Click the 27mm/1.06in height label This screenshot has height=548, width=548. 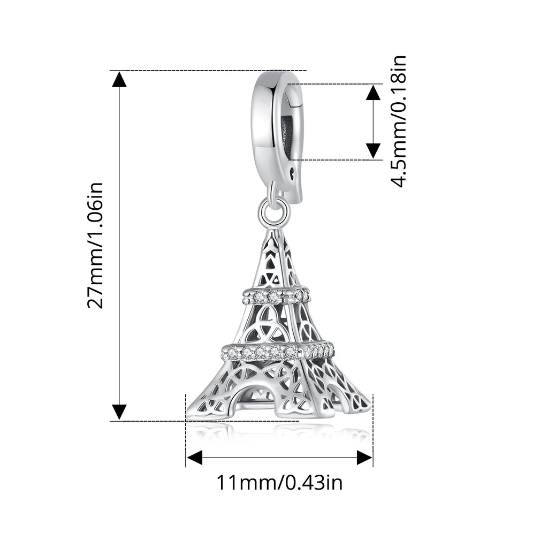click(95, 245)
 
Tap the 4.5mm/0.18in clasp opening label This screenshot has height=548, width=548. click(398, 121)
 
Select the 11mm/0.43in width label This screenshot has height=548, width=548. click(279, 483)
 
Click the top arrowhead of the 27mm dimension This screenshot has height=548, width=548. click(119, 79)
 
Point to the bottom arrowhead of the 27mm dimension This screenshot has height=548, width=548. click(119, 412)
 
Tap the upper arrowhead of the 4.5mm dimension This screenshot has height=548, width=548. click(373, 93)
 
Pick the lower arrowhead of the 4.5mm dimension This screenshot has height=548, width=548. click(373, 151)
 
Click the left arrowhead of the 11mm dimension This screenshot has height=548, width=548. click(194, 457)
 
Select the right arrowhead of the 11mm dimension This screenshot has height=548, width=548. click(364, 457)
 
